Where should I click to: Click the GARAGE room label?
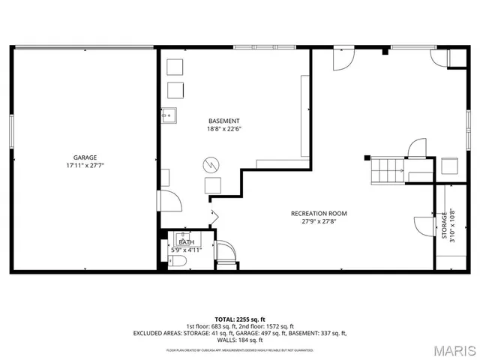click(85, 157)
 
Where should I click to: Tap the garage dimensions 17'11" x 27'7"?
click(85, 166)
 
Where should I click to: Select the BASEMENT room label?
click(224, 121)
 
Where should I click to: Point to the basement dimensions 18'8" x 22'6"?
click(224, 129)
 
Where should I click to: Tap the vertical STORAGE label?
click(444, 223)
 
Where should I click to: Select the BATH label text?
click(187, 242)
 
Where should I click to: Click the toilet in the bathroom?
click(176, 262)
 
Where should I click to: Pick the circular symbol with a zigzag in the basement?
click(211, 164)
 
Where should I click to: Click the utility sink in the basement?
click(169, 115)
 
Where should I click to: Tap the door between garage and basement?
click(169, 201)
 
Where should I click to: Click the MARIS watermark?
click(449, 349)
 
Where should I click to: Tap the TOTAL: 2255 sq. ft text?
click(240, 319)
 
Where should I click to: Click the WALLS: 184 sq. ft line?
click(240, 339)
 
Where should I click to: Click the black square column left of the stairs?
click(367, 157)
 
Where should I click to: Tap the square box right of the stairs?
click(449, 166)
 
